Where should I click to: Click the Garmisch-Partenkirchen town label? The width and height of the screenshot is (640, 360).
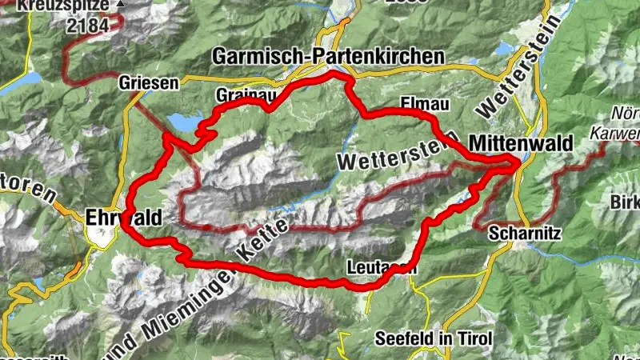point(327,57)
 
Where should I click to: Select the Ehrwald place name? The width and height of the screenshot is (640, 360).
point(124,216)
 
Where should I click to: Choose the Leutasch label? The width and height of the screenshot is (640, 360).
point(383,268)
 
